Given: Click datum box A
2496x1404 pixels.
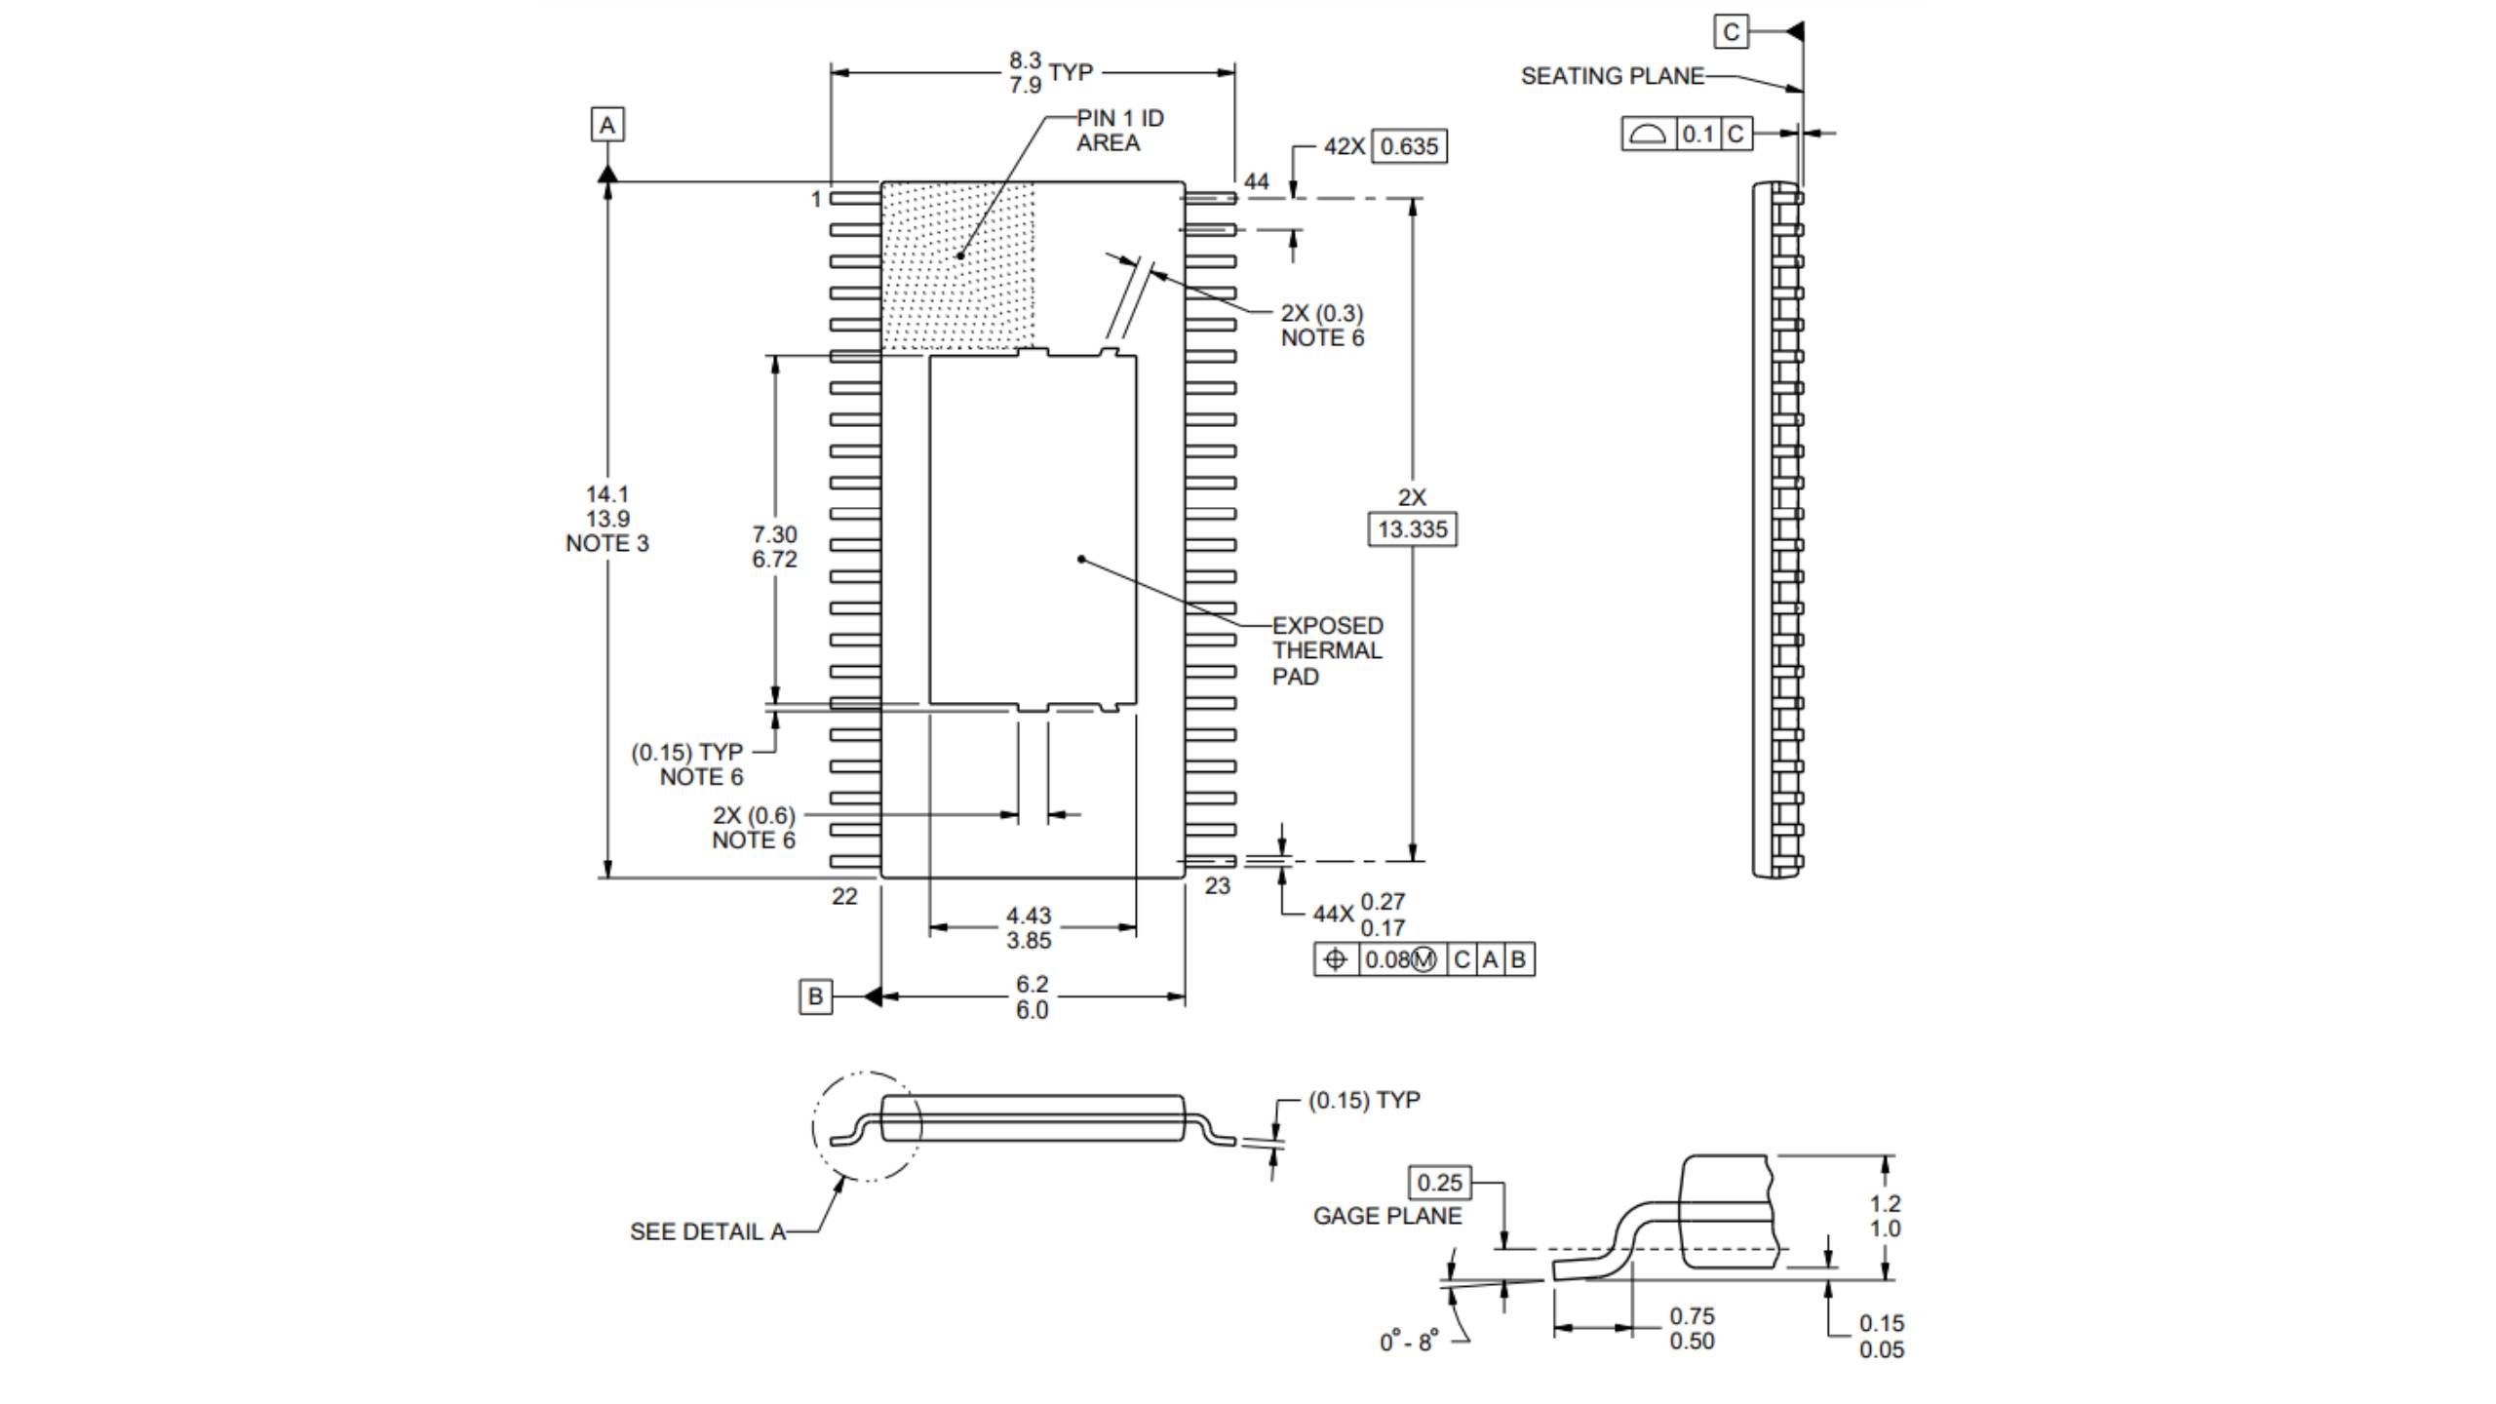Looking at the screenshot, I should click(607, 125).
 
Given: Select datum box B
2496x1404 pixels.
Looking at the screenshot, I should click(815, 996).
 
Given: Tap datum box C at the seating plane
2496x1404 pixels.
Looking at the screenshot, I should click(1731, 32).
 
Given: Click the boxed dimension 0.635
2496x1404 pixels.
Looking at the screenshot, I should click(1409, 146).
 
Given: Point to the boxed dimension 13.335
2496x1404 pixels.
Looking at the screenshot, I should click(1413, 529).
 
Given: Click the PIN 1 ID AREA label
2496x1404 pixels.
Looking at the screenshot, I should click(1119, 131).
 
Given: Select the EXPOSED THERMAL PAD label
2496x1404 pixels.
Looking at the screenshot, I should click(1327, 650).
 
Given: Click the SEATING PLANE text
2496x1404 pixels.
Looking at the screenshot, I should click(1612, 76).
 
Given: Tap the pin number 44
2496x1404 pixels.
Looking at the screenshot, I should click(1257, 181).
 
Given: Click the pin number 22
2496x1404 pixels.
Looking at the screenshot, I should click(844, 896).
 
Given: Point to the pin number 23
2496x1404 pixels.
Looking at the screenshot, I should click(1218, 886).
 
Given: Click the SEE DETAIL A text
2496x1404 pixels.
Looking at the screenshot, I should click(708, 1231).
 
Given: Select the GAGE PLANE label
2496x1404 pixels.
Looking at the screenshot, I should click(1386, 1216).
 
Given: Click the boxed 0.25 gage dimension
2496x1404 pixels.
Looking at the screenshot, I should click(1439, 1183).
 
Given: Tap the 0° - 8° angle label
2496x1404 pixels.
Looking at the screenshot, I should click(1408, 1343).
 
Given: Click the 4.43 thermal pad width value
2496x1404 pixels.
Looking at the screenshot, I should click(1029, 916).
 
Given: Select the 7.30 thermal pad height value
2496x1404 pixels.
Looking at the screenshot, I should click(774, 534).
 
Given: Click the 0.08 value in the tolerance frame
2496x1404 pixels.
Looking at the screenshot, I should click(1387, 959).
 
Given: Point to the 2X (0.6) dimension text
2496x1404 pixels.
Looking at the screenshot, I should click(754, 815).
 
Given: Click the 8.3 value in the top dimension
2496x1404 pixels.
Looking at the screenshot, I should click(1025, 60).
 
